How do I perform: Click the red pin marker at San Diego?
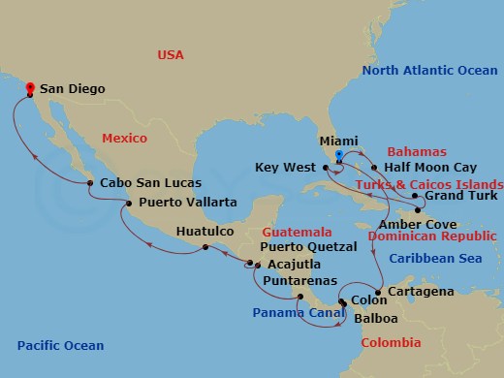[x=30, y=88]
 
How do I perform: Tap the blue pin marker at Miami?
[x=338, y=155]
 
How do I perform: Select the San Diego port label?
[x=73, y=88]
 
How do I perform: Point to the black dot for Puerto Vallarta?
[x=129, y=203]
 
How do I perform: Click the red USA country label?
[x=171, y=55]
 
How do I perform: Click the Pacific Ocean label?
[x=60, y=345]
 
